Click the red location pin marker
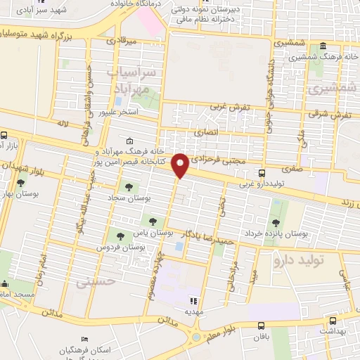[181, 165]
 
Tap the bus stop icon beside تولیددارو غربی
[262, 173]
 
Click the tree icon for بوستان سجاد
[129, 187]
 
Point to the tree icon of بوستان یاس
[149, 222]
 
